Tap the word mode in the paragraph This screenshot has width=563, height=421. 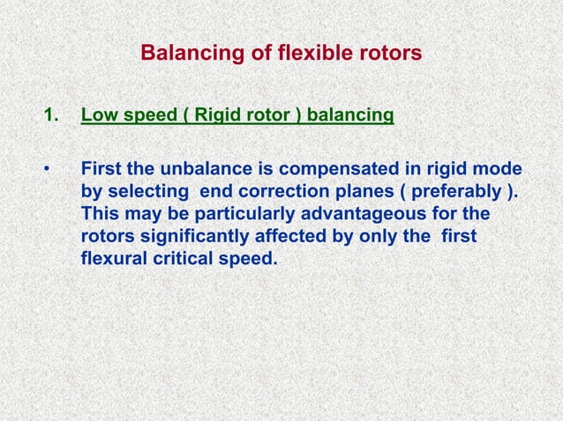click(x=499, y=168)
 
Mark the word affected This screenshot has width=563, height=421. click(x=301, y=237)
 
